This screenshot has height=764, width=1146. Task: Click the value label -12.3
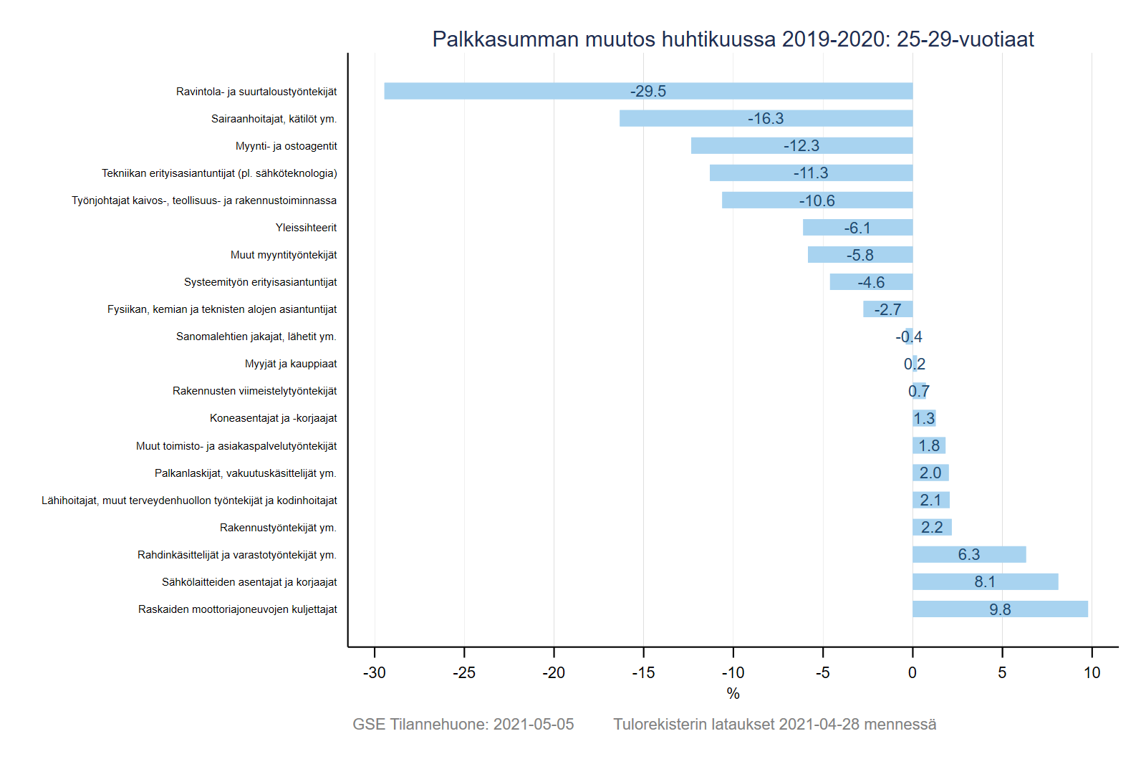tap(801, 146)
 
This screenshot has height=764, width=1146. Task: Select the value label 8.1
tap(985, 582)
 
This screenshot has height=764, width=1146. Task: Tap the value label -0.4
tap(908, 337)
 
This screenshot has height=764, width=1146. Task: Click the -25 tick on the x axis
tap(464, 672)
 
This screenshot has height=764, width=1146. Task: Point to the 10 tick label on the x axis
tap(1092, 672)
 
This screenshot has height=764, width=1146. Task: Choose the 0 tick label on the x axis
tap(912, 672)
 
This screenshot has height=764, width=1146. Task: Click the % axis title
tap(733, 694)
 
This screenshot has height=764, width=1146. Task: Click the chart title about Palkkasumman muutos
tap(733, 39)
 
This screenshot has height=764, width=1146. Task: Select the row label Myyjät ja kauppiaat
tap(291, 364)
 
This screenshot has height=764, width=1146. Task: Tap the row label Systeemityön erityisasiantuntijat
tap(260, 282)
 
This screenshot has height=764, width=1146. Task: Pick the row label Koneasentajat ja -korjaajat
tap(273, 418)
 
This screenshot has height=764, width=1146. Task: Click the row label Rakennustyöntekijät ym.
tap(278, 528)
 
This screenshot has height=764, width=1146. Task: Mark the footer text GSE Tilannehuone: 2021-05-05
tap(463, 725)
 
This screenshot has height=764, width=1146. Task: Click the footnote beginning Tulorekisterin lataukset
tap(774, 725)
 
